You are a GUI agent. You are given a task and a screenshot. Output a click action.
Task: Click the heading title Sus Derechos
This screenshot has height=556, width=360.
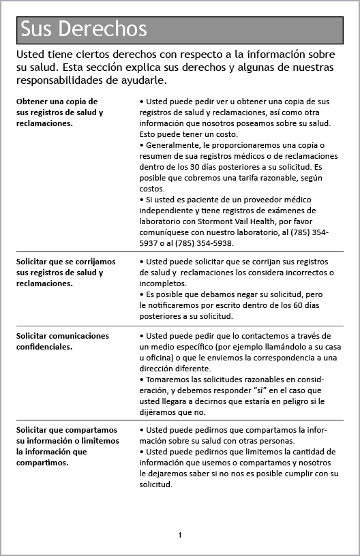coord(84,29)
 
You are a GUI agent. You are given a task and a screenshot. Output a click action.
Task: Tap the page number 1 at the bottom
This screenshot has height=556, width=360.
coord(180,535)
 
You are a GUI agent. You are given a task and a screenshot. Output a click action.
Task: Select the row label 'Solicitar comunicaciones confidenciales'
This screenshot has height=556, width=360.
coord(62,341)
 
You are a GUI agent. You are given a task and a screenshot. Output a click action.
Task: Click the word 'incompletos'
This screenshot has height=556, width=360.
coord(163,283)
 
